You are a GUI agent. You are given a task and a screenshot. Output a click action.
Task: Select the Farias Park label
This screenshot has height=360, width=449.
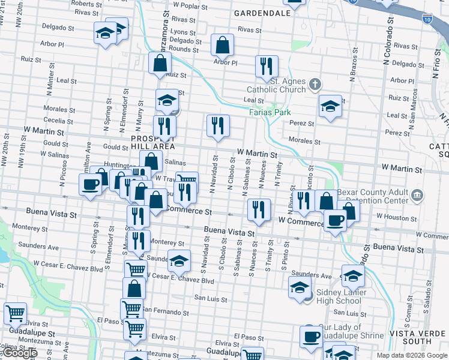point(270,112)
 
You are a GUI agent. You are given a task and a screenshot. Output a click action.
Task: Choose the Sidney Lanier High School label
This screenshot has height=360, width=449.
point(339,296)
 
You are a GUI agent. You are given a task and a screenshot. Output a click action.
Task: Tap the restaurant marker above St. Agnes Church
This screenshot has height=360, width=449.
point(266,67)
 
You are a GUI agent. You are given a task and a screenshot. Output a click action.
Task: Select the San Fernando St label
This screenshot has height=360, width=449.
point(166,312)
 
